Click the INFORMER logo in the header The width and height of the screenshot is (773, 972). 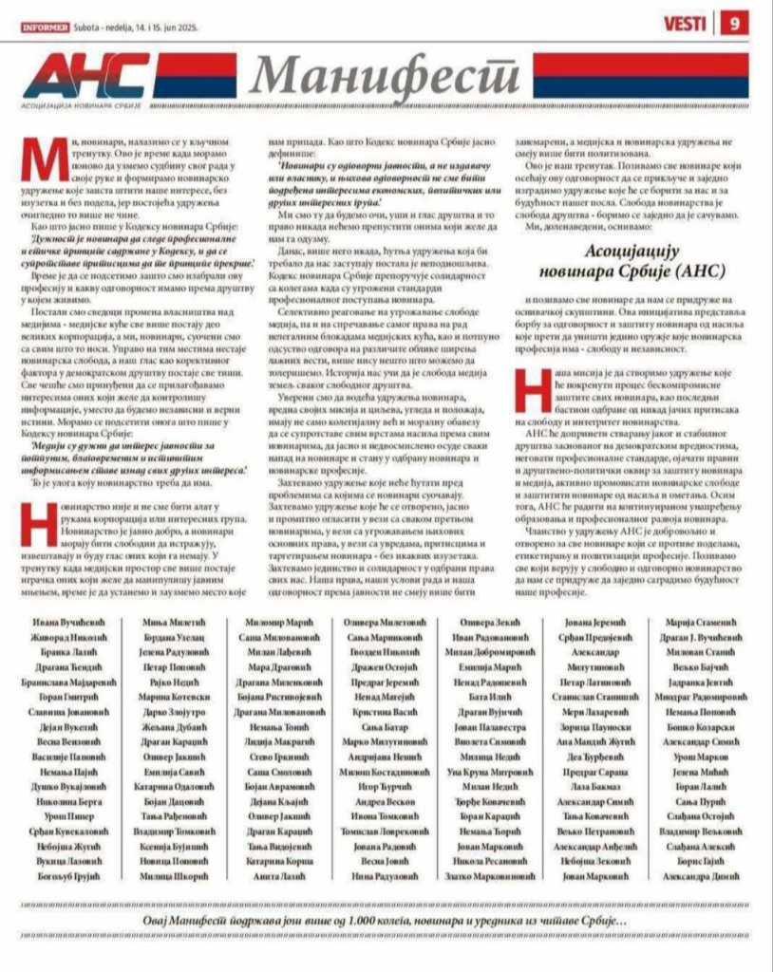(x=45, y=27)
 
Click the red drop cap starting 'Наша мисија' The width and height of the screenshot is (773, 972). (x=526, y=388)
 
